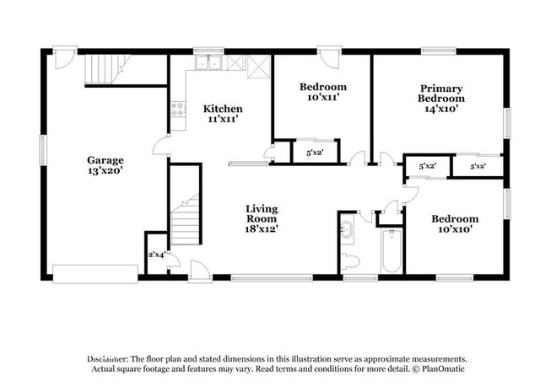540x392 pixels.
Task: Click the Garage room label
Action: [105, 165]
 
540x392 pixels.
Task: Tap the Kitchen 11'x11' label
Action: [223, 114]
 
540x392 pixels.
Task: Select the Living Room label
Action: [262, 219]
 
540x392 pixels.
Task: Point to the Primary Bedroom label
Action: [441, 99]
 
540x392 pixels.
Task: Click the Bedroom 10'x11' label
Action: [323, 92]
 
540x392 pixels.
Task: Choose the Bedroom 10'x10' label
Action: [455, 224]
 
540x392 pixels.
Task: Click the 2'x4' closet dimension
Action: [157, 255]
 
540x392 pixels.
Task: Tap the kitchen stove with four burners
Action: [178, 110]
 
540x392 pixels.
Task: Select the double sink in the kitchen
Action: [208, 62]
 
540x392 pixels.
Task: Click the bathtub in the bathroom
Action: [391, 251]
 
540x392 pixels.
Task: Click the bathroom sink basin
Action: [346, 228]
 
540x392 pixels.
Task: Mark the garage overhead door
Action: [95, 274]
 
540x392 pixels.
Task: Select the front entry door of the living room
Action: [200, 271]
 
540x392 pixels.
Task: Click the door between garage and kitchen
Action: [161, 146]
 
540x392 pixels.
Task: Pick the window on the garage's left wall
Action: [43, 150]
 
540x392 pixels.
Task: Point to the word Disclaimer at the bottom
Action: [107, 359]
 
